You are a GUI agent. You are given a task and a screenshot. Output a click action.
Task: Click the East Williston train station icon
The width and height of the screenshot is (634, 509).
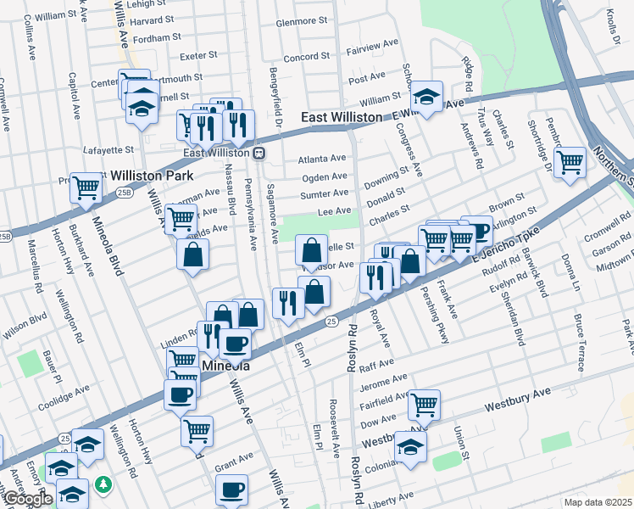click(x=259, y=154)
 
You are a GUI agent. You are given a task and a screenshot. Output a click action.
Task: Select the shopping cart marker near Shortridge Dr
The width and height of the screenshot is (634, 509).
click(x=570, y=160)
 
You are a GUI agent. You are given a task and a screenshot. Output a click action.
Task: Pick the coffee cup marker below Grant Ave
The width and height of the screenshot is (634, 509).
click(x=231, y=489)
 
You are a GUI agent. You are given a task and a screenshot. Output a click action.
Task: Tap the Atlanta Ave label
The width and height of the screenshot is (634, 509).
click(x=322, y=159)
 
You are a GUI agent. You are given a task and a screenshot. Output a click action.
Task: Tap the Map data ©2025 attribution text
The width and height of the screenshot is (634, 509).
click(x=598, y=502)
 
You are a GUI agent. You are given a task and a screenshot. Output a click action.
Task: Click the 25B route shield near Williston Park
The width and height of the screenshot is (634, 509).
click(x=124, y=193)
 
